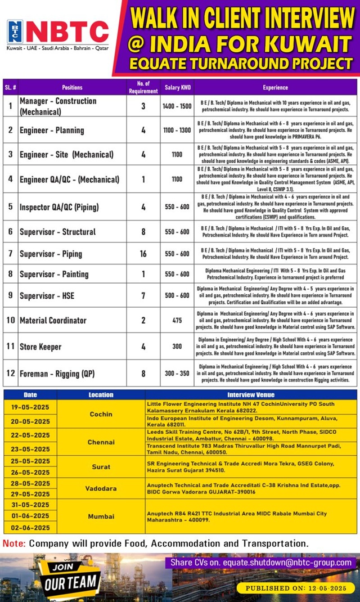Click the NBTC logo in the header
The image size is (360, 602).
point(57,33)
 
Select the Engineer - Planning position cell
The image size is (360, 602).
point(52,130)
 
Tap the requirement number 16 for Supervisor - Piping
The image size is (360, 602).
point(143,254)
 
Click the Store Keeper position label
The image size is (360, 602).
point(40,347)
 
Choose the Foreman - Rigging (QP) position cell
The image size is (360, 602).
point(57,373)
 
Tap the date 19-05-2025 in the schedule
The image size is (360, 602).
point(30,406)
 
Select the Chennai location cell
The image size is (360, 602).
point(101,442)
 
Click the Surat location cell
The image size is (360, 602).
point(101,466)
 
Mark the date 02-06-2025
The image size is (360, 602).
point(30,528)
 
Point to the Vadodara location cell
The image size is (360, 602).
point(101,488)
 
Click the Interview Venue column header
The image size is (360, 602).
point(250,394)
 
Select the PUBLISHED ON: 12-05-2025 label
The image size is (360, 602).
point(296,588)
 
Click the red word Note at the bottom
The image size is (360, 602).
point(13,543)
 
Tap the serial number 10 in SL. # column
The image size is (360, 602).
point(10,320)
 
